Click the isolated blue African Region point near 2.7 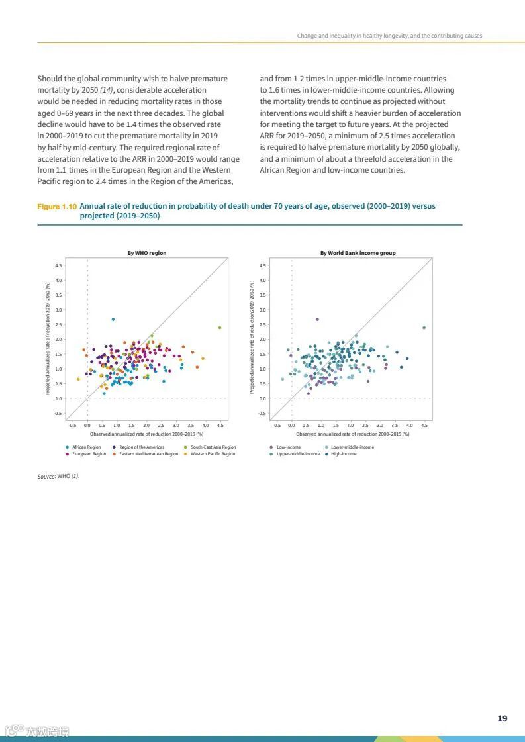click(x=113, y=319)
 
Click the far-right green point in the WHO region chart click(x=220, y=327)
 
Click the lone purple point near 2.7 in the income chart click(x=317, y=319)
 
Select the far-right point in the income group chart click(x=424, y=327)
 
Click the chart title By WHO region click(x=147, y=253)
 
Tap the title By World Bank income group click(x=362, y=253)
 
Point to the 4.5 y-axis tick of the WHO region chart click(x=59, y=265)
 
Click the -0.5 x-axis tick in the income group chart click(x=277, y=425)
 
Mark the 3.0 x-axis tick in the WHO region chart click(x=176, y=425)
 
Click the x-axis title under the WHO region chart click(x=147, y=434)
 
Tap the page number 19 click(x=502, y=718)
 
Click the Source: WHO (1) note click(x=58, y=476)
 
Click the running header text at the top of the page click(x=389, y=35)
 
